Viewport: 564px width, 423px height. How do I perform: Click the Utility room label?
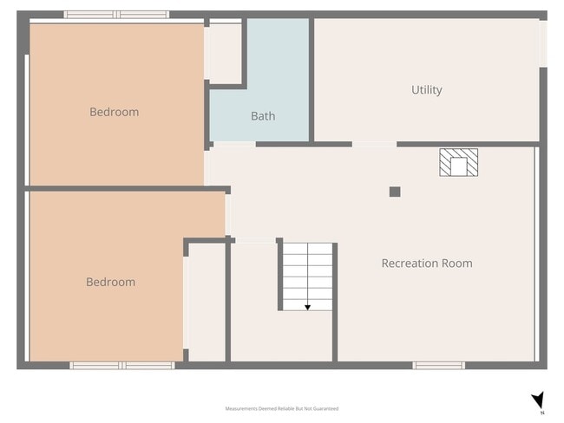pos(426,90)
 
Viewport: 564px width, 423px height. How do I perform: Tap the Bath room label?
pos(263,116)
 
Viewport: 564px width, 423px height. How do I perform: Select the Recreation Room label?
pos(427,264)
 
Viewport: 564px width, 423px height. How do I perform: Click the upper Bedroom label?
pos(114,112)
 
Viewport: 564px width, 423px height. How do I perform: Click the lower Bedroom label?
pos(110,283)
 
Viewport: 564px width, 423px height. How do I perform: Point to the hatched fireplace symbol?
pos(458,162)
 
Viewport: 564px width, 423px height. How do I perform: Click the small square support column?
pos(395,192)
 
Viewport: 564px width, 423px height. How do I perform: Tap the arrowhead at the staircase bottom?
pos(307,307)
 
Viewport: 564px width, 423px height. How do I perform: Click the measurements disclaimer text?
pos(281,408)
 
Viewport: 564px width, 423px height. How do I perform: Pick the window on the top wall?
pos(117,15)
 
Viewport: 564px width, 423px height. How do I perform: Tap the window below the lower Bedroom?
pos(122,366)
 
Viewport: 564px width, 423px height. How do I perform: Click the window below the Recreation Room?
pos(438,366)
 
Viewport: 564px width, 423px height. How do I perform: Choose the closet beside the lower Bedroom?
pos(207,302)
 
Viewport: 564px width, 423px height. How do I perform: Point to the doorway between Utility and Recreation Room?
pos(374,144)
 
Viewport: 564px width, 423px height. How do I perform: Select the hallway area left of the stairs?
pos(252,299)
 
